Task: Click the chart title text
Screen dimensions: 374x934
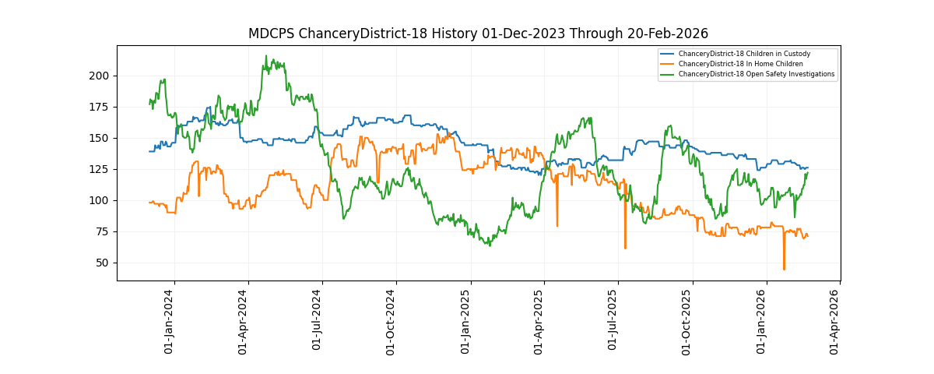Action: coord(478,34)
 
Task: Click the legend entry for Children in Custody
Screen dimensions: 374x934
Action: coord(744,54)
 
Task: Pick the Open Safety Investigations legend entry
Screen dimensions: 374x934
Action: coord(757,74)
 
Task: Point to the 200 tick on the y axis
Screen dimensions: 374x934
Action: coord(100,76)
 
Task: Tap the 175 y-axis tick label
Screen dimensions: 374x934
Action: coord(100,107)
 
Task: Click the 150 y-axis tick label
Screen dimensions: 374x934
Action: coord(100,138)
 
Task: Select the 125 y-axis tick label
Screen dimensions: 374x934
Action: coord(100,169)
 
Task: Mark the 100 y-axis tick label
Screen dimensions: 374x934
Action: coord(100,200)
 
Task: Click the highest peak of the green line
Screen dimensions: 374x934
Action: coord(265,56)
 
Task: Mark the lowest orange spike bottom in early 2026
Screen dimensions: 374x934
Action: coord(784,270)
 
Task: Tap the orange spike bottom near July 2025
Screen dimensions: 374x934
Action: coord(625,249)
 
